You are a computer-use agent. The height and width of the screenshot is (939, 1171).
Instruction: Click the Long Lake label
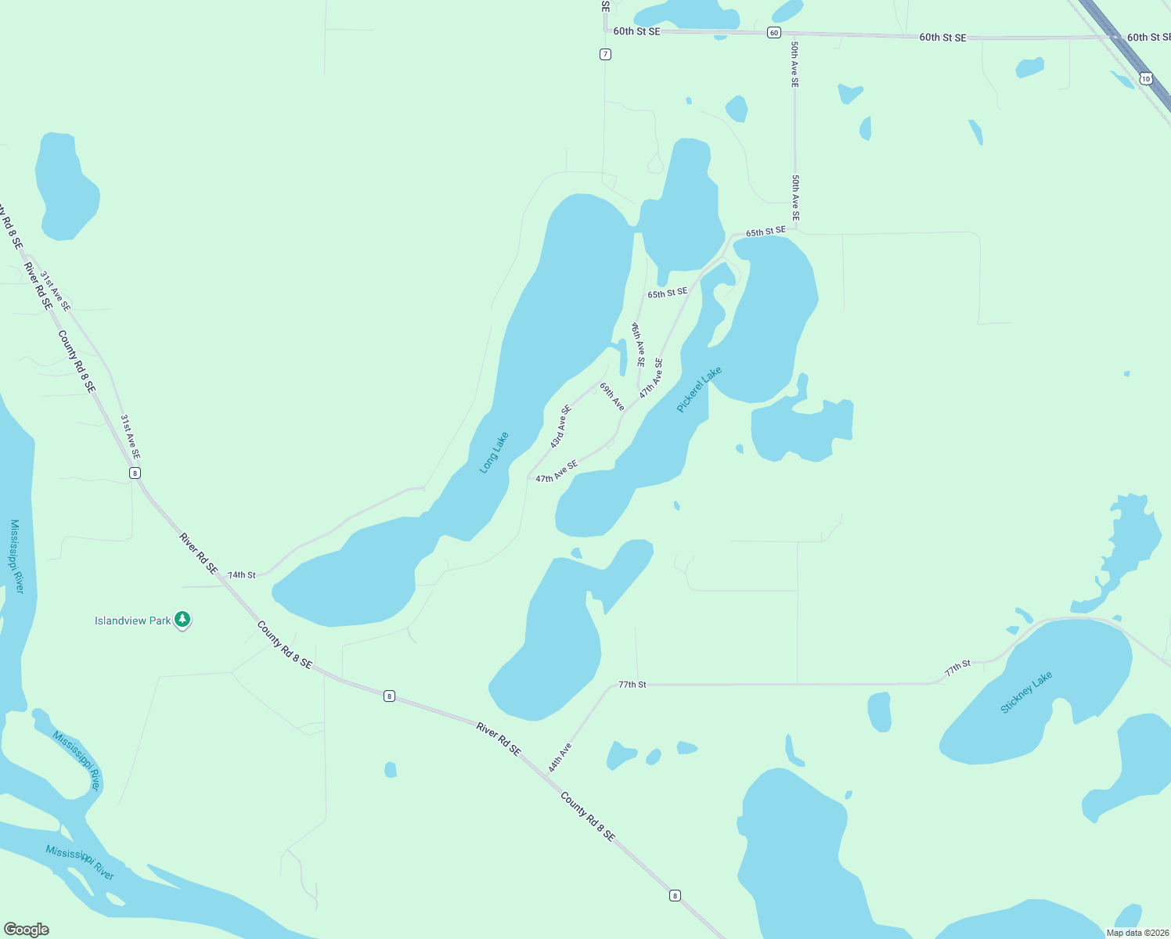[494, 452]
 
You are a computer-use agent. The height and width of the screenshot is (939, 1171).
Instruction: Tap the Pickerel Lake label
[699, 389]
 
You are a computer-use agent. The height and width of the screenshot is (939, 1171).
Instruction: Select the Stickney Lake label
[1026, 693]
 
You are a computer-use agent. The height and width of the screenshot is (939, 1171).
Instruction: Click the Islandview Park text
[132, 621]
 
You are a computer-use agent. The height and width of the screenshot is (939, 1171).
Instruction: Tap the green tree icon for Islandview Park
[182, 620]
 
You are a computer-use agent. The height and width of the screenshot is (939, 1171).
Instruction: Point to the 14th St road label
[242, 574]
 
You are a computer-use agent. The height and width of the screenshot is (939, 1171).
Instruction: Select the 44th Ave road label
[560, 757]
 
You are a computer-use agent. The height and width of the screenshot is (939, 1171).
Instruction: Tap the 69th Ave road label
[612, 396]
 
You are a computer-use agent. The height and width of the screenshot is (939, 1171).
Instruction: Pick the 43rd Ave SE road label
[560, 426]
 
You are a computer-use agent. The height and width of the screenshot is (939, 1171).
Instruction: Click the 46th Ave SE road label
[639, 344]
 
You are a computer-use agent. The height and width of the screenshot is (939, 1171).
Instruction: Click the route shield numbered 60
[773, 32]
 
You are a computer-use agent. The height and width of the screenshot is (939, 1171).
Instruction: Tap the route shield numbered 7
[605, 54]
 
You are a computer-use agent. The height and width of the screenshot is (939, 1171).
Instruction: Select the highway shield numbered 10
[1146, 78]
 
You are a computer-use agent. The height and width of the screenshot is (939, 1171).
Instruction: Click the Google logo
[27, 930]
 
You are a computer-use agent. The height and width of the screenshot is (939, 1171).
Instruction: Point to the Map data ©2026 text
[1136, 933]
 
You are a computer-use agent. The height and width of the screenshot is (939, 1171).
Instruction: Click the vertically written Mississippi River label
[17, 556]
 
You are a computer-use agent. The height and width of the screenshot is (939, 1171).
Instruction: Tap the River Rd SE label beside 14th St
[198, 553]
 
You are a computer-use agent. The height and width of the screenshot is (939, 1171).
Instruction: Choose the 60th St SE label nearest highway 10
[1148, 38]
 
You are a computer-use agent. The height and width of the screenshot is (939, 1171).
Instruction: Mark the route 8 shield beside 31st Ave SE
[135, 473]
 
